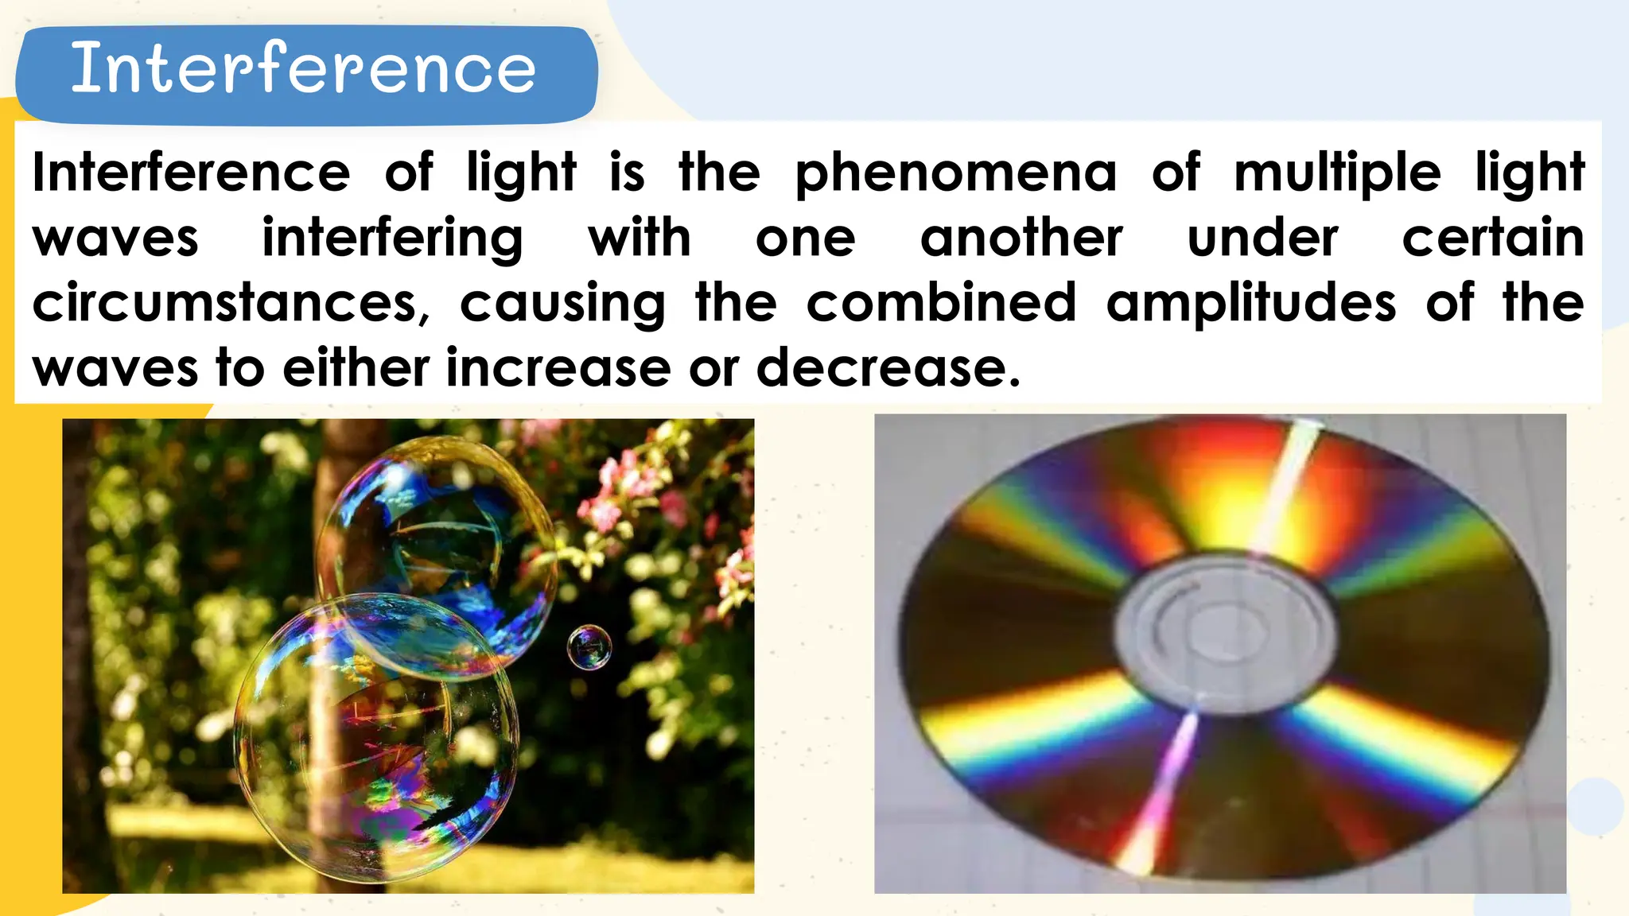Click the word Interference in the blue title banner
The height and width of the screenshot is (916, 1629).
[x=303, y=69]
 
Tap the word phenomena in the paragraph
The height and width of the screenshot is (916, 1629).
[x=956, y=173]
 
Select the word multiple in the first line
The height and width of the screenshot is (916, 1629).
[x=1337, y=173]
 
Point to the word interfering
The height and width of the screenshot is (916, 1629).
[x=393, y=239]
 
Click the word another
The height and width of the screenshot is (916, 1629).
[x=1021, y=239]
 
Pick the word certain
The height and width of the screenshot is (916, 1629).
[x=1492, y=239]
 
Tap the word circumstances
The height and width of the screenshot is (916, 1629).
[x=231, y=304]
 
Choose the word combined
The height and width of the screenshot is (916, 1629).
[x=941, y=304]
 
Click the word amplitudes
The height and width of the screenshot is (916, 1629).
[x=1250, y=304]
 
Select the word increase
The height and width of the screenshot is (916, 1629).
[x=558, y=368]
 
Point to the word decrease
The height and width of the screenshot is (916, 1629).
[x=887, y=368]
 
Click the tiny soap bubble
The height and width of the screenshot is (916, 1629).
[x=589, y=647]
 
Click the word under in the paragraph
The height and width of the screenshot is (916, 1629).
[x=1262, y=239]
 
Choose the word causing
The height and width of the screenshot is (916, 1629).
[x=562, y=304]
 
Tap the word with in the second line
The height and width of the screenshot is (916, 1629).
[x=640, y=239]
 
